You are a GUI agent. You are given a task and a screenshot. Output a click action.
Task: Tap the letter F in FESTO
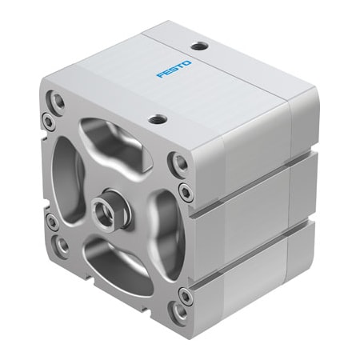point(160,78)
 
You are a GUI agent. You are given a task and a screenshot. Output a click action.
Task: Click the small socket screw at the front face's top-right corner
point(185,191)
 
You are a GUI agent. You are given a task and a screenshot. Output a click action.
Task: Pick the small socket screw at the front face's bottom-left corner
point(50,218)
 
